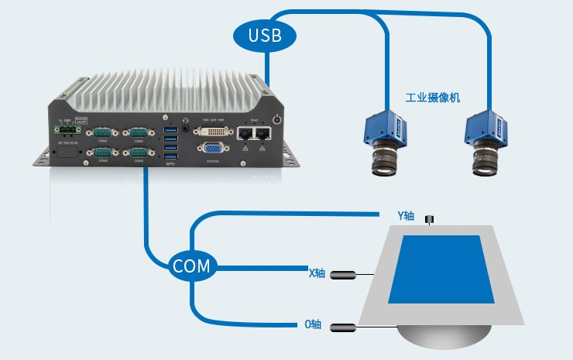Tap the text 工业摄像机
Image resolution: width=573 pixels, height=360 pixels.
coord(433,98)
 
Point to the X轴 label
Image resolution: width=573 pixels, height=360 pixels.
coord(317,273)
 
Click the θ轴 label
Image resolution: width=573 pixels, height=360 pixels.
coord(313,324)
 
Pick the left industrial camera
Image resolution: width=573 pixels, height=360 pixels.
coord(383,141)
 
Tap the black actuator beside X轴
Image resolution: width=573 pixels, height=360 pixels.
coord(349,274)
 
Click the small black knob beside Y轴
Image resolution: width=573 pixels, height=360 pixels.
coord(431,221)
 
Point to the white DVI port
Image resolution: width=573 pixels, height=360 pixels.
coord(213,131)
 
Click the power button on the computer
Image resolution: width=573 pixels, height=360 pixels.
coord(278,119)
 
